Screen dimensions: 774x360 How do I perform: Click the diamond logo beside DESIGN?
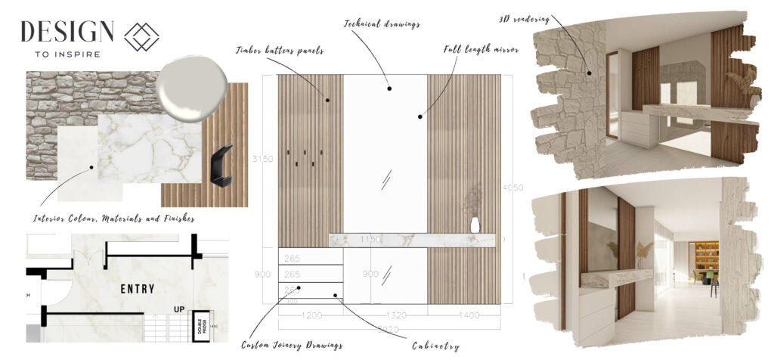coord(143,36)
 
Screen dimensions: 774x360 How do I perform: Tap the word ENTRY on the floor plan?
coord(137,289)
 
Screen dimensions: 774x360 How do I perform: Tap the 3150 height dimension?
coord(263,159)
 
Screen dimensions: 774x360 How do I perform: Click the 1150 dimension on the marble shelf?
coord(370,240)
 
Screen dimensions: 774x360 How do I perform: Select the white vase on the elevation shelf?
coord(474,225)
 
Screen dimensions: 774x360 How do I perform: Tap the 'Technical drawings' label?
coord(382,23)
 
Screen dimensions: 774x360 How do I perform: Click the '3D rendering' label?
coord(525,17)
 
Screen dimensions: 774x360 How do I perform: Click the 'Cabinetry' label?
coord(435,346)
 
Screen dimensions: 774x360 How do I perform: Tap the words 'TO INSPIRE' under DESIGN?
coord(67,54)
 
